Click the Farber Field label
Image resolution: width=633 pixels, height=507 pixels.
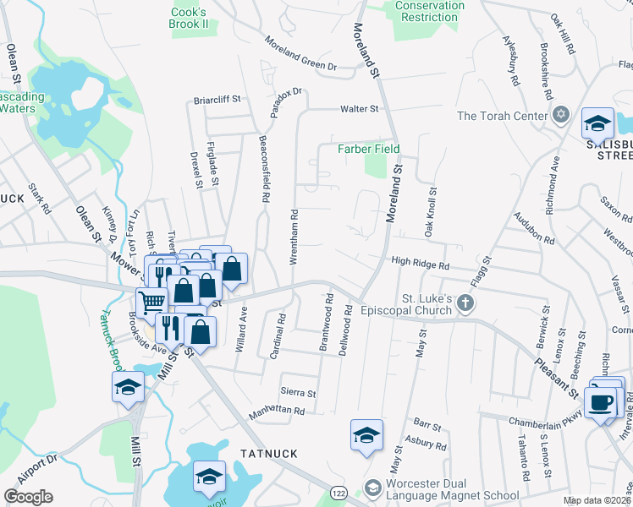pos(369,149)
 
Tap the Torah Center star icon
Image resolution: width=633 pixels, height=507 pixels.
pos(559,115)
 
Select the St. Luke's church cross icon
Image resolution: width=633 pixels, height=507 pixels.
pos(464,302)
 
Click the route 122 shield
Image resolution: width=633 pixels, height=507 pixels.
pos(337,492)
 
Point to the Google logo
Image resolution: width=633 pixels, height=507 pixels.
pos(28,497)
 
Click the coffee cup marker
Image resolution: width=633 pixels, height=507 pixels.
pos(601,403)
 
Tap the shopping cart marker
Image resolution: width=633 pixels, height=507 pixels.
pos(152,301)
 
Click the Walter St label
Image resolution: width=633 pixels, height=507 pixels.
pos(359,109)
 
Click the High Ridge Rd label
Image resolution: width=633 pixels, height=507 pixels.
pos(420,264)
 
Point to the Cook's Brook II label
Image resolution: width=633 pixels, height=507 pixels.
pos(189,18)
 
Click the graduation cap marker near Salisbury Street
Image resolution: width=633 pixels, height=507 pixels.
pos(597,123)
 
